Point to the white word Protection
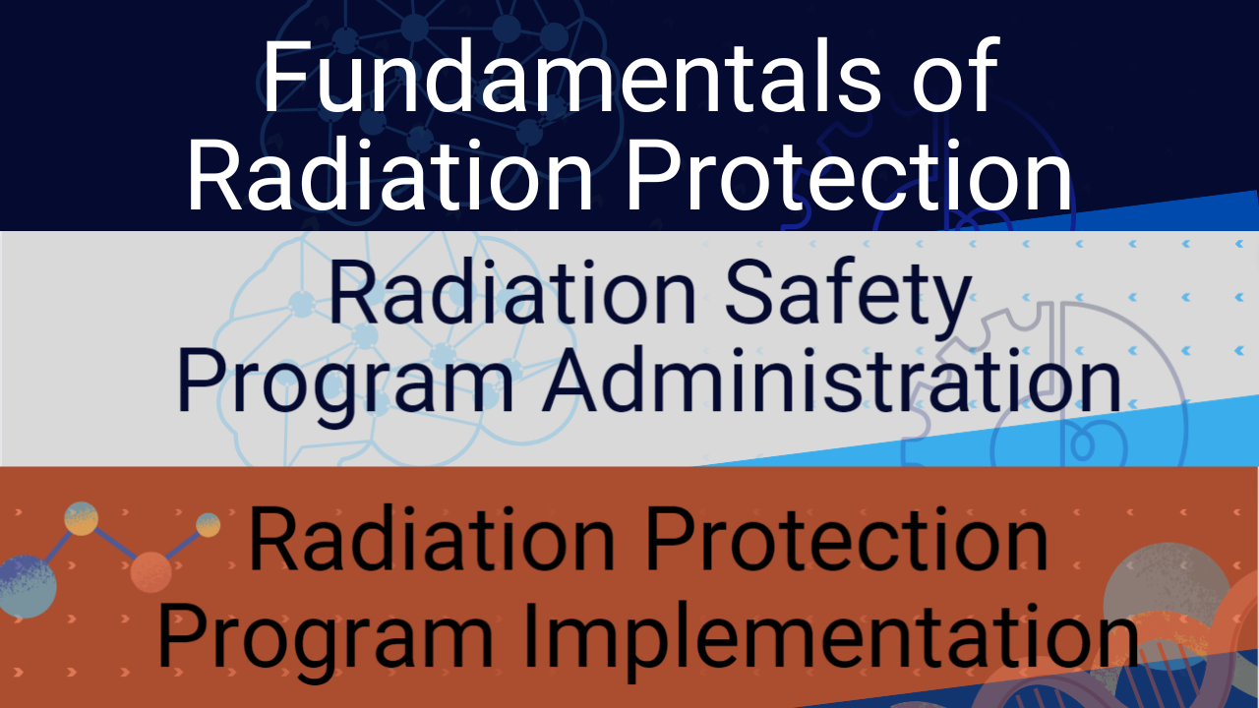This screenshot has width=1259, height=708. pyautogui.click(x=849, y=174)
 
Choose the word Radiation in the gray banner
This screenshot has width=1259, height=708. pyautogui.click(x=512, y=292)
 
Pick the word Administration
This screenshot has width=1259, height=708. pyautogui.click(x=832, y=381)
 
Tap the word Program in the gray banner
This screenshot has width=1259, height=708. pyautogui.click(x=345, y=387)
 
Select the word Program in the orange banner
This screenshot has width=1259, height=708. pyautogui.click(x=326, y=642)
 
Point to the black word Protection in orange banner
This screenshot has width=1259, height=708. pyautogui.click(x=847, y=539)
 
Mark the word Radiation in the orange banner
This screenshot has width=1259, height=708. pyautogui.click(x=432, y=539)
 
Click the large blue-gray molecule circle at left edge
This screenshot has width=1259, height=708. pyautogui.click(x=26, y=587)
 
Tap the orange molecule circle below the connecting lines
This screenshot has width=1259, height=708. pyautogui.click(x=150, y=572)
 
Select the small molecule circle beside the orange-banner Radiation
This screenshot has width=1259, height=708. pyautogui.click(x=208, y=525)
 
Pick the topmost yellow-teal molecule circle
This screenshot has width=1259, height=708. pyautogui.click(x=81, y=518)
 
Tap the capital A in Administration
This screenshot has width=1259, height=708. pyautogui.click(x=575, y=381)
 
